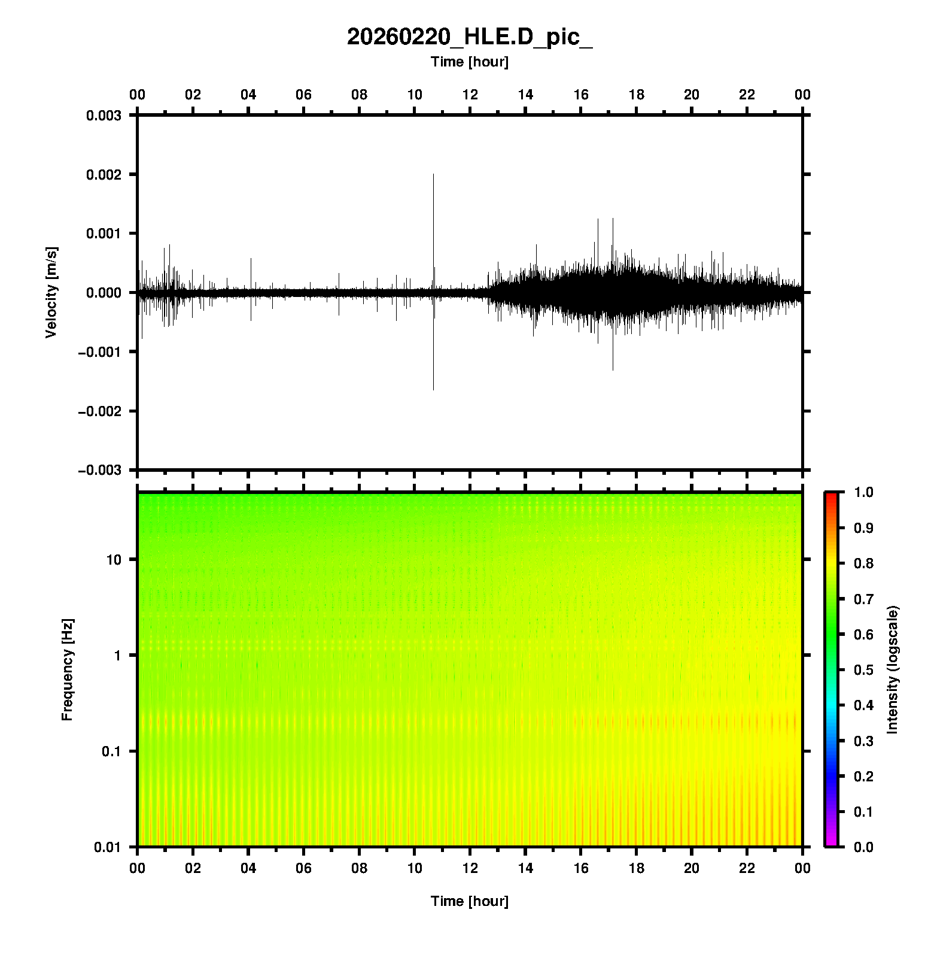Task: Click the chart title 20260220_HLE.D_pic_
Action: point(470,37)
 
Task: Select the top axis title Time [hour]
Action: point(470,62)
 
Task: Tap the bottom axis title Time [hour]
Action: point(470,901)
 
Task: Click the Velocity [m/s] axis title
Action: point(51,292)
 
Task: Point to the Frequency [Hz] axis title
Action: point(67,669)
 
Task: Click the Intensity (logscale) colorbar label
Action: point(893,669)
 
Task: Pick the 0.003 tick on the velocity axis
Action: point(104,116)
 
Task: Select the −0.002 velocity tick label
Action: point(99,411)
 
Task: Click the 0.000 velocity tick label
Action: point(104,293)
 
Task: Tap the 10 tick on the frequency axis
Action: point(114,560)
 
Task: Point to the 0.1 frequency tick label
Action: point(111,751)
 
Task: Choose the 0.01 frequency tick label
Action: point(108,847)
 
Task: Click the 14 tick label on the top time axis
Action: point(525,95)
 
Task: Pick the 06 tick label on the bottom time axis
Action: point(303,868)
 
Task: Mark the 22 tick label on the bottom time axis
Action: point(747,868)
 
